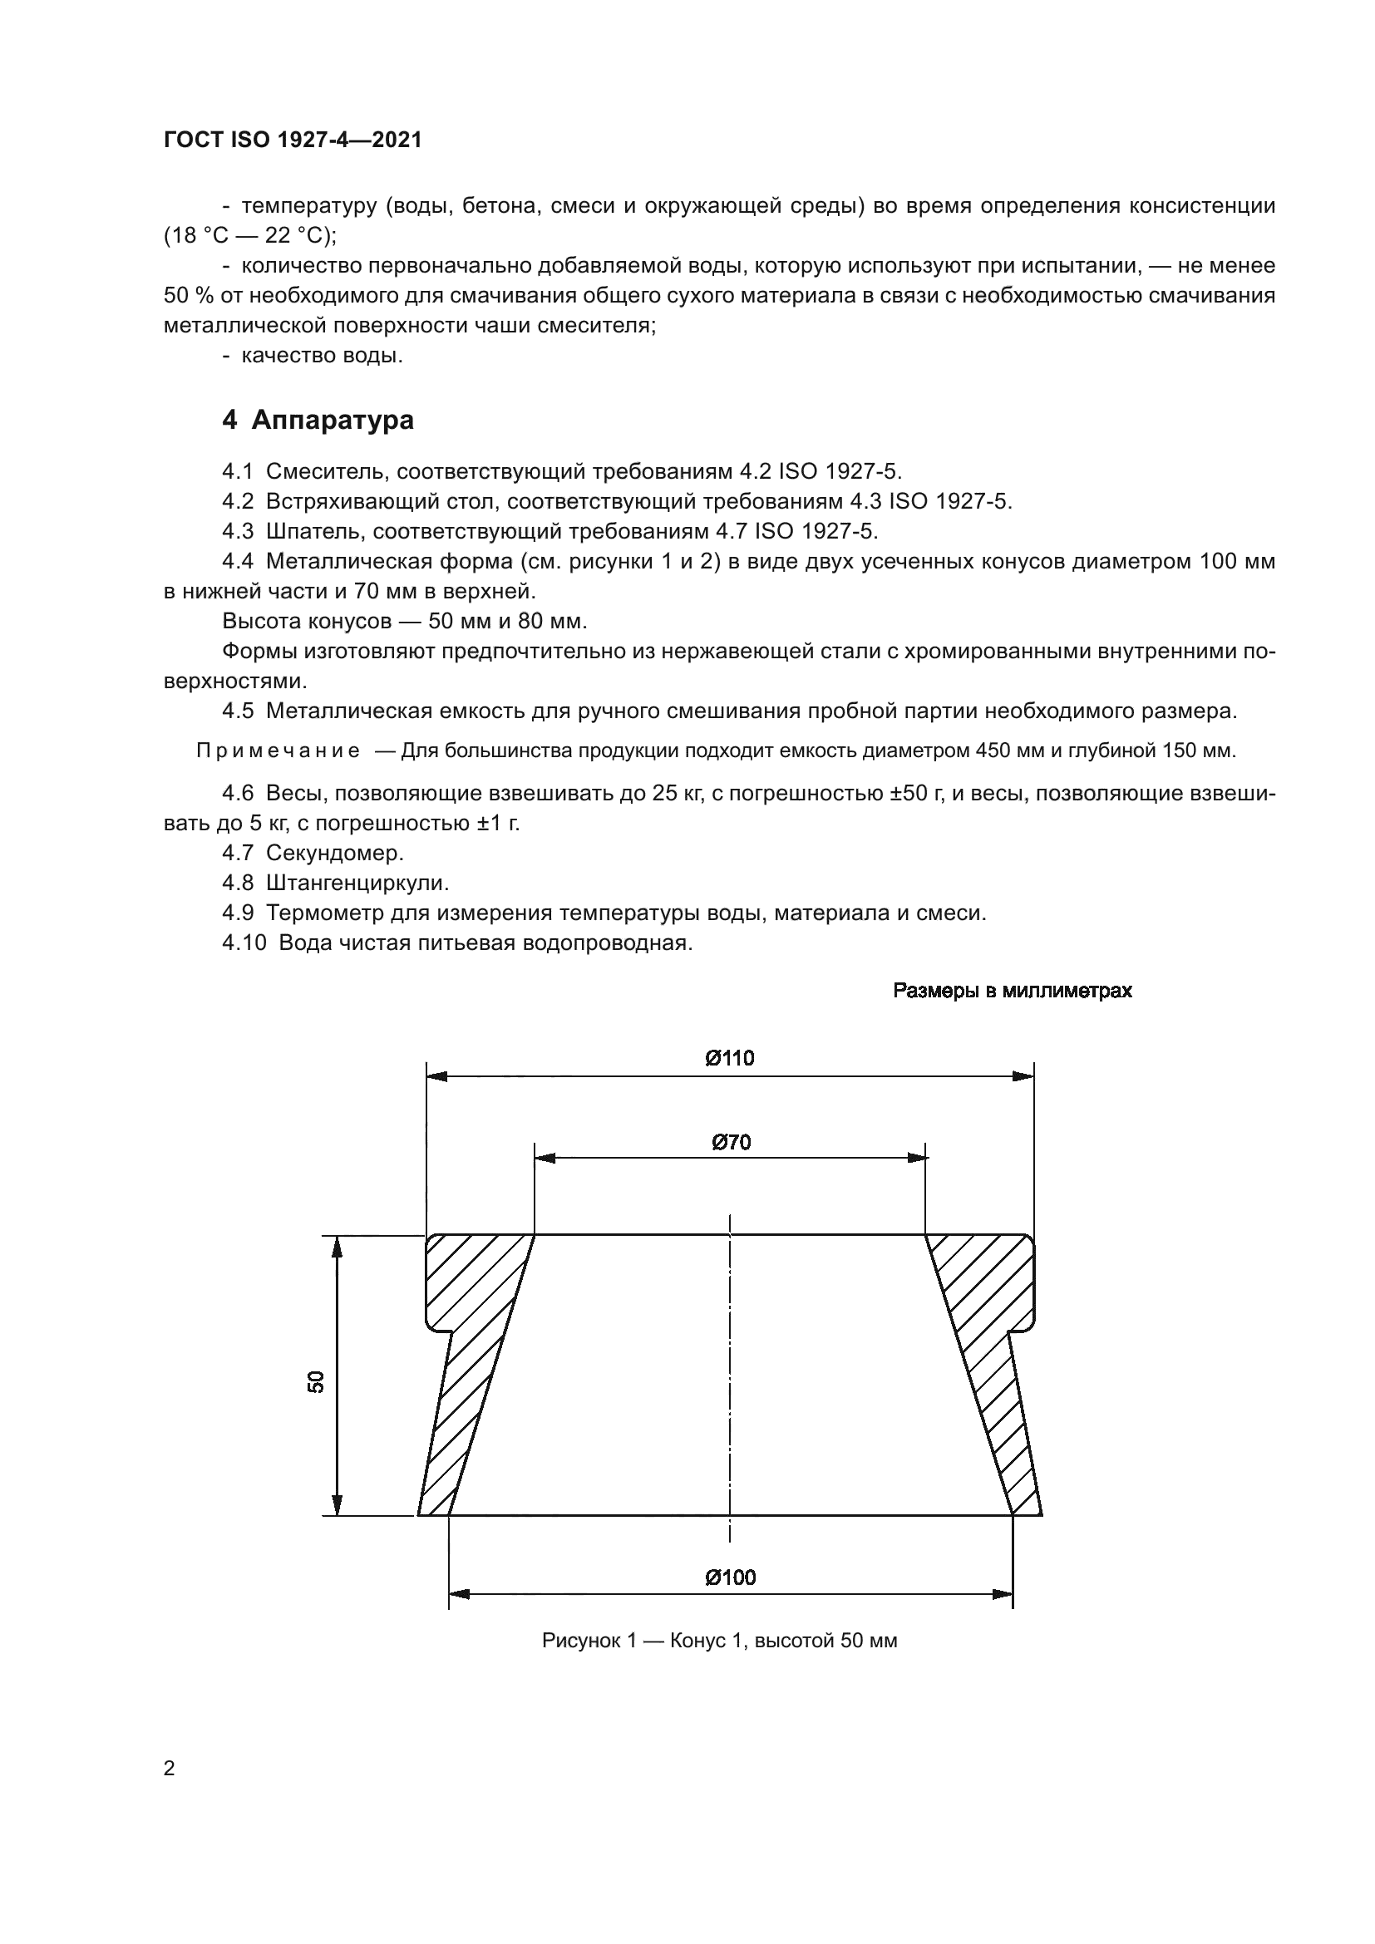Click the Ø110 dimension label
[729, 1057]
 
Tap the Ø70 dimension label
[731, 1142]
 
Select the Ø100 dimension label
[730, 1577]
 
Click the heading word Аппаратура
[333, 420]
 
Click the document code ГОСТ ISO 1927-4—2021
[292, 140]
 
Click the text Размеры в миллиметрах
[1012, 991]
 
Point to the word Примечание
[278, 751]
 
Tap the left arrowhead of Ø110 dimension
[437, 1076]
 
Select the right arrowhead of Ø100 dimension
[1003, 1595]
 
